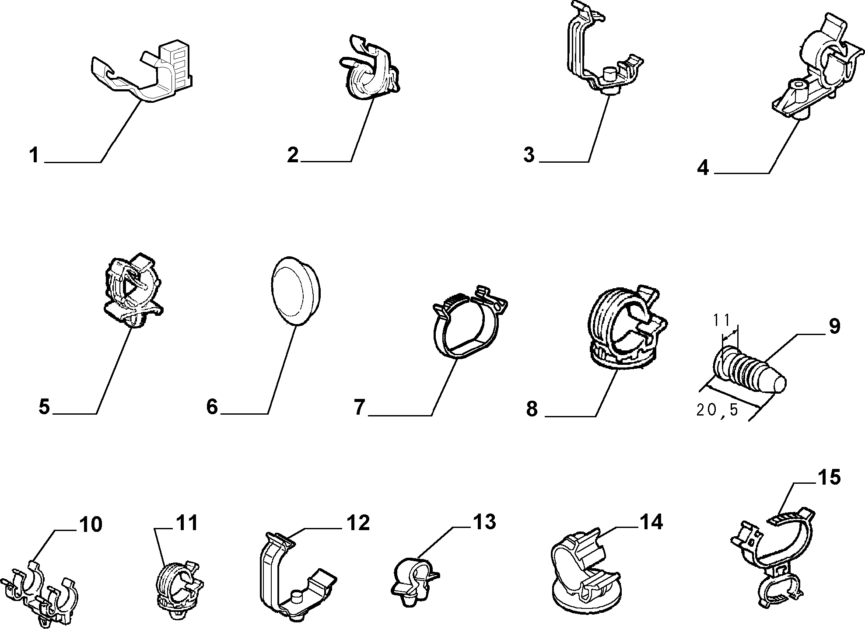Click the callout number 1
tap(34, 155)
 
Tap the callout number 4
tap(703, 168)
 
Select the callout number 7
tap(359, 407)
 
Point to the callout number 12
tap(358, 523)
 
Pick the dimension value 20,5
tap(717, 410)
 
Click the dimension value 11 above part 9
tap(721, 321)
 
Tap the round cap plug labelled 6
tap(296, 290)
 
